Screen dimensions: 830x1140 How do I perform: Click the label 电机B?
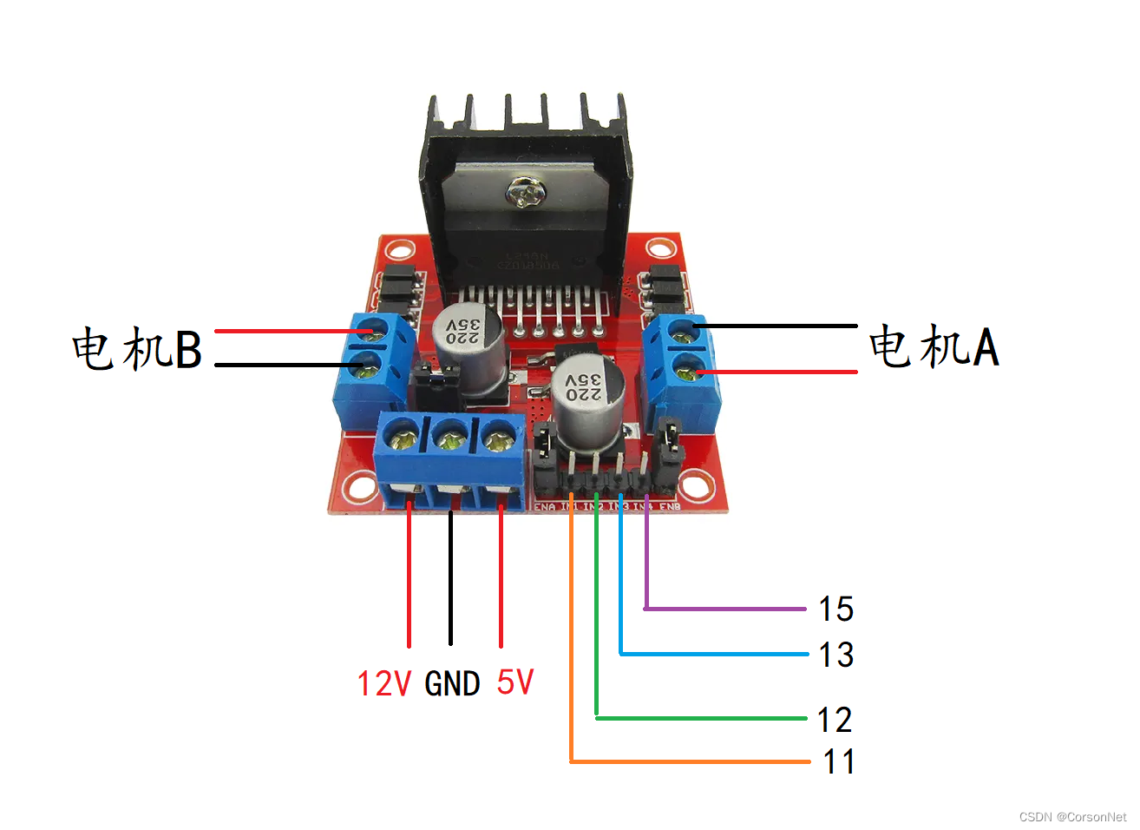point(137,349)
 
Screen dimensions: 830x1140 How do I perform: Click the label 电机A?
point(934,346)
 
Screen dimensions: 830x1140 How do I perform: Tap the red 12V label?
point(383,683)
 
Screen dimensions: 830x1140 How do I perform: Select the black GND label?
point(452,684)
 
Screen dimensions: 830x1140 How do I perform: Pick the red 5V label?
point(514,682)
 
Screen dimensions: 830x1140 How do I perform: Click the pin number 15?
point(835,609)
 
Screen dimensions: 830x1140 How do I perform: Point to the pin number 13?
point(835,655)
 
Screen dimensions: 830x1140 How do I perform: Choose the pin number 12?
point(834,720)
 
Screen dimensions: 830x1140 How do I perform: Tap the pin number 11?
point(838,761)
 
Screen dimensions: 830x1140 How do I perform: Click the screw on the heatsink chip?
point(524,192)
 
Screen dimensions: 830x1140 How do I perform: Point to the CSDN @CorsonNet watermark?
point(1072,817)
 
